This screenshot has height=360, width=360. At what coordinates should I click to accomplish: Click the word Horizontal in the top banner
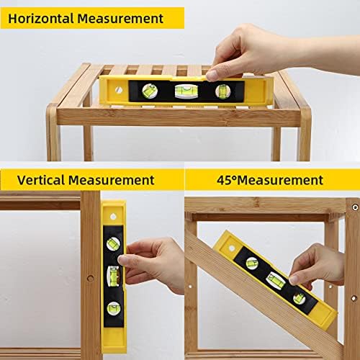click(x=41, y=19)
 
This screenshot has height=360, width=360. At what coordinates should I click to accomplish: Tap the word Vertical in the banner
click(x=41, y=180)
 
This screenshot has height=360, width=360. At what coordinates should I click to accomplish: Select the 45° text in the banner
click(x=227, y=180)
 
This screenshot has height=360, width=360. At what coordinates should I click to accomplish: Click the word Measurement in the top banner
click(x=120, y=19)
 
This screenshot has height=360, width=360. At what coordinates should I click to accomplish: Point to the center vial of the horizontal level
click(x=186, y=91)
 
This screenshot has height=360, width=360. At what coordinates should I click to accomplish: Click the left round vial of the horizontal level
click(x=150, y=91)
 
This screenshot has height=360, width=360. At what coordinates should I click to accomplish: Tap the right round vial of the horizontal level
click(x=222, y=91)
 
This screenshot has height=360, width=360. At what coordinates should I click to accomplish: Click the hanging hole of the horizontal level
click(x=119, y=90)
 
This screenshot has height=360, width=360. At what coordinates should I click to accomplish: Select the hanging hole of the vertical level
click(x=113, y=217)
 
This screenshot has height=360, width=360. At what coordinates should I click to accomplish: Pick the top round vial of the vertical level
click(x=113, y=244)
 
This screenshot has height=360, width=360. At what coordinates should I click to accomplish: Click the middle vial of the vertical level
click(x=113, y=276)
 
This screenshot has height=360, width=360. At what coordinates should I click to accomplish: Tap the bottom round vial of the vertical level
click(x=114, y=309)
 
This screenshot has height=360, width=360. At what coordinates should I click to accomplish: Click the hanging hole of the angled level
click(x=232, y=248)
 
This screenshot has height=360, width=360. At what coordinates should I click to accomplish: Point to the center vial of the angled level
click(x=276, y=281)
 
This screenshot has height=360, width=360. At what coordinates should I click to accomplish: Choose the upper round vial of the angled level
click(x=252, y=264)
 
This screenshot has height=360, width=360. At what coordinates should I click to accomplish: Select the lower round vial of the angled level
click(x=300, y=299)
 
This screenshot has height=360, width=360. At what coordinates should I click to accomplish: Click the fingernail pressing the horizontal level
click(x=212, y=76)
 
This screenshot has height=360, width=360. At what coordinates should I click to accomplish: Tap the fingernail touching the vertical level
click(x=122, y=259)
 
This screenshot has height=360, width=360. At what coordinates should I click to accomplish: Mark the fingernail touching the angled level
click(x=294, y=279)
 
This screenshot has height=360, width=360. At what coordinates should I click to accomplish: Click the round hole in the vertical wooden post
click(x=91, y=279)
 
